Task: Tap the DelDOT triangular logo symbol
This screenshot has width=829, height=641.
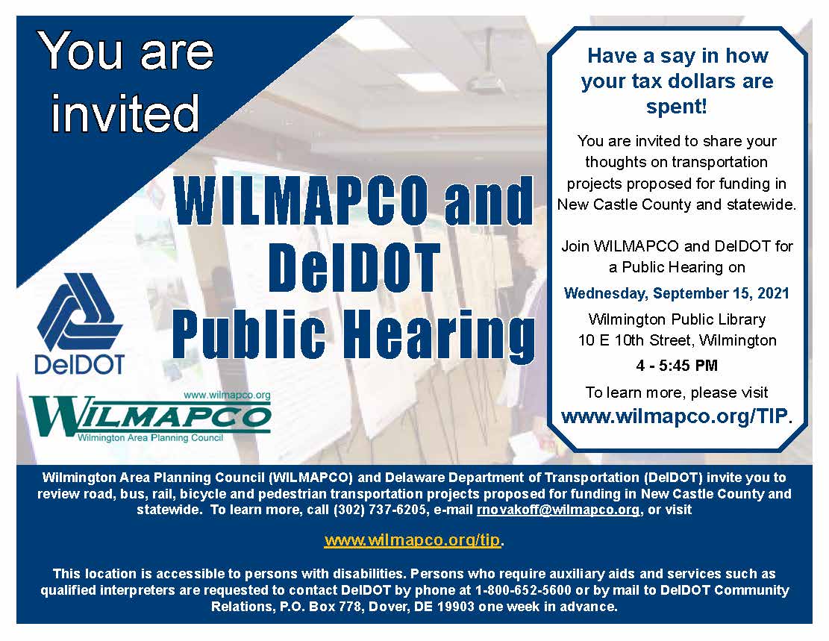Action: point(80,312)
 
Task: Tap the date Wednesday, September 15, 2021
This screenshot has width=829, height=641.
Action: point(677,293)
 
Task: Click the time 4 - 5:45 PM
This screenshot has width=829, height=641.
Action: point(676,366)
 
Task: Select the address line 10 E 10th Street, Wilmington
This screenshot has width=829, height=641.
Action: point(677,341)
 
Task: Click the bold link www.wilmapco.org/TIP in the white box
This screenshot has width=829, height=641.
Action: point(674,416)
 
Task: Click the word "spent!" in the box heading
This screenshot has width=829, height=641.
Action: point(676,106)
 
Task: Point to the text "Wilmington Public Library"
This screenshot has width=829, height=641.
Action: point(677,319)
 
